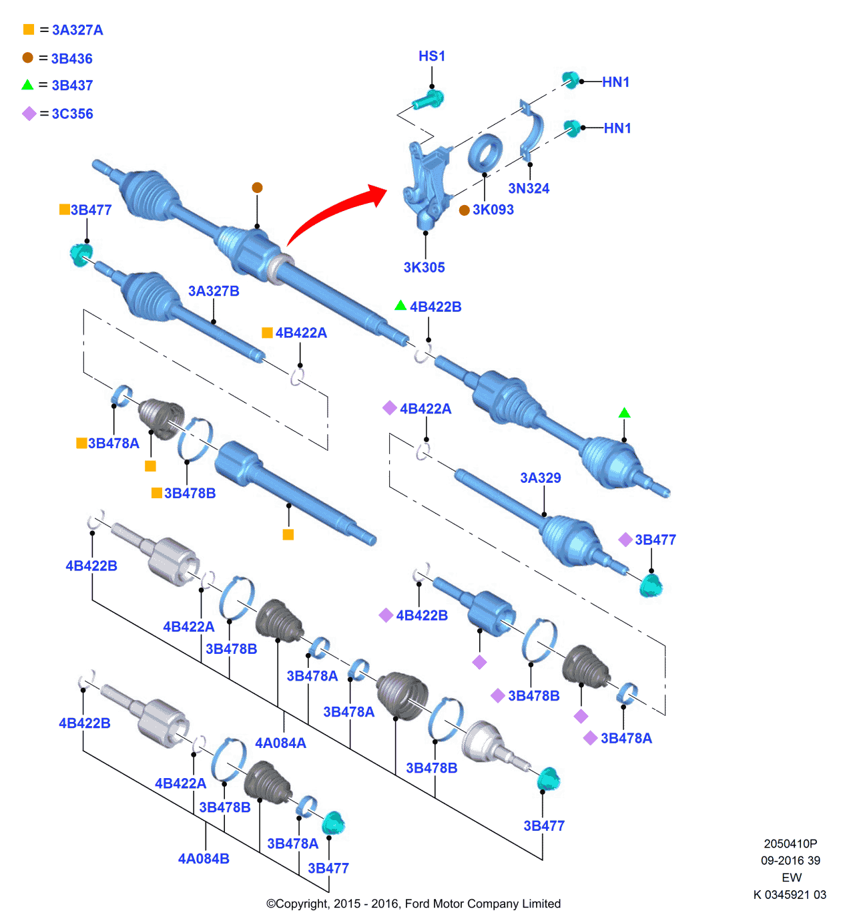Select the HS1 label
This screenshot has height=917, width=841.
click(x=432, y=56)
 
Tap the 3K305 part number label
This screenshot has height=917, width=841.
click(x=424, y=267)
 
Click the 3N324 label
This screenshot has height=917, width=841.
click(x=529, y=188)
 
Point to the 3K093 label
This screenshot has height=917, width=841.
click(x=493, y=210)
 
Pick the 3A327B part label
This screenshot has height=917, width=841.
click(x=214, y=291)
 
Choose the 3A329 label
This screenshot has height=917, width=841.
click(x=541, y=478)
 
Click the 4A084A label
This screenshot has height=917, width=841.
click(x=280, y=743)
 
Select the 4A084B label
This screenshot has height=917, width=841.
click(x=204, y=859)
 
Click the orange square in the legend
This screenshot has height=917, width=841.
click(x=29, y=29)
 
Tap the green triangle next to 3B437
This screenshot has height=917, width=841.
click(x=27, y=85)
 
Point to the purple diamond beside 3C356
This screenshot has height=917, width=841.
click(x=29, y=114)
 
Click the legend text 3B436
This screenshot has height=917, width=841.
click(x=72, y=59)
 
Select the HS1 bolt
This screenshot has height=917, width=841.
click(x=428, y=101)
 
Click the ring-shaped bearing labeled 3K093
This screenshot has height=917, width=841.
click(x=485, y=153)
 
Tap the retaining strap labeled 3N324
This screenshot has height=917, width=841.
click(x=532, y=130)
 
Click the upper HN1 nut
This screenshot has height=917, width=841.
click(x=571, y=80)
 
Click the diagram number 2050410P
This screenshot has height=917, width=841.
click(x=790, y=844)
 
